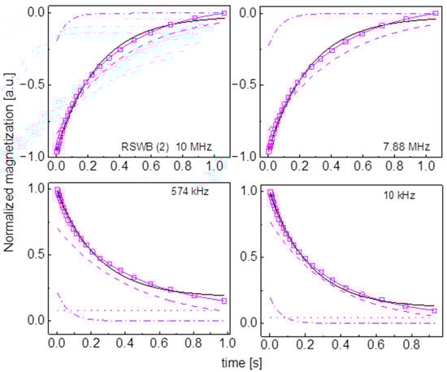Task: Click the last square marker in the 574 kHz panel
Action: pyautogui.click(x=223, y=301)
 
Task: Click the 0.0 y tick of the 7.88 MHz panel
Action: pyautogui.click(x=250, y=13)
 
